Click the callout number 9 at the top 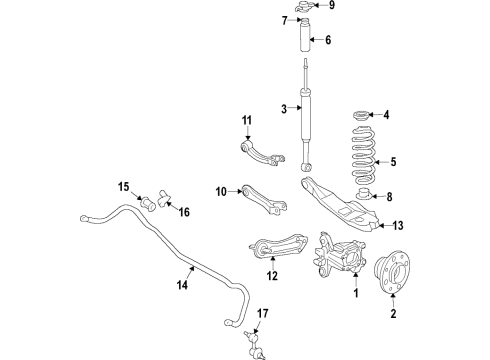333,5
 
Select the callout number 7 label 284,20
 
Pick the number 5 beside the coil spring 393,161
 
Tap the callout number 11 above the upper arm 246,121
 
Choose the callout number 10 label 220,189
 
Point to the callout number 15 124,186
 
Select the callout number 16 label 183,211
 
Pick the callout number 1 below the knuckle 352,295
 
